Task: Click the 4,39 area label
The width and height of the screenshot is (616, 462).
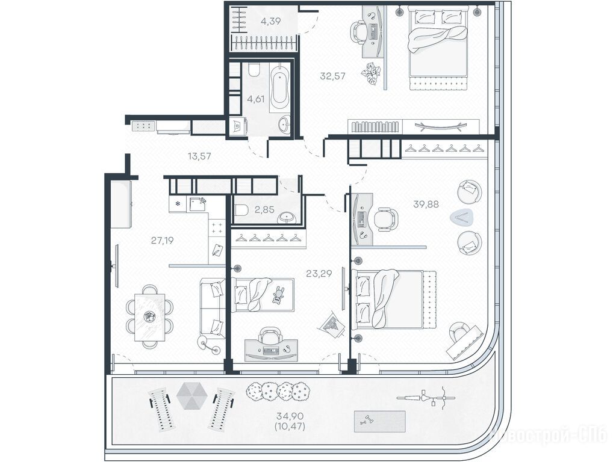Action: [271, 21]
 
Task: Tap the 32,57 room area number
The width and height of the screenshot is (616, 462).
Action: [332, 76]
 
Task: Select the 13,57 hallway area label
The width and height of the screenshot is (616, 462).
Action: [199, 156]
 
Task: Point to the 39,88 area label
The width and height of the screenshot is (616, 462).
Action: [426, 204]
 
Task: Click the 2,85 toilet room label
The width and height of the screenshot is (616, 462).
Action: [264, 209]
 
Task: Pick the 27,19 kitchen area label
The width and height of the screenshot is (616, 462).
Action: [162, 240]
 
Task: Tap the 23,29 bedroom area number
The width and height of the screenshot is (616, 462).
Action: [319, 274]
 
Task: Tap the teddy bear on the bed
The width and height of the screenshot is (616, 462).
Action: [279, 294]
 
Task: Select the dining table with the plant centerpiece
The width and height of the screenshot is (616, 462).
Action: [149, 316]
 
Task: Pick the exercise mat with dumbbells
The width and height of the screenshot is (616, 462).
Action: [379, 422]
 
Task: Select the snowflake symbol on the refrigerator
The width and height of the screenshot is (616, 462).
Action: [178, 204]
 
